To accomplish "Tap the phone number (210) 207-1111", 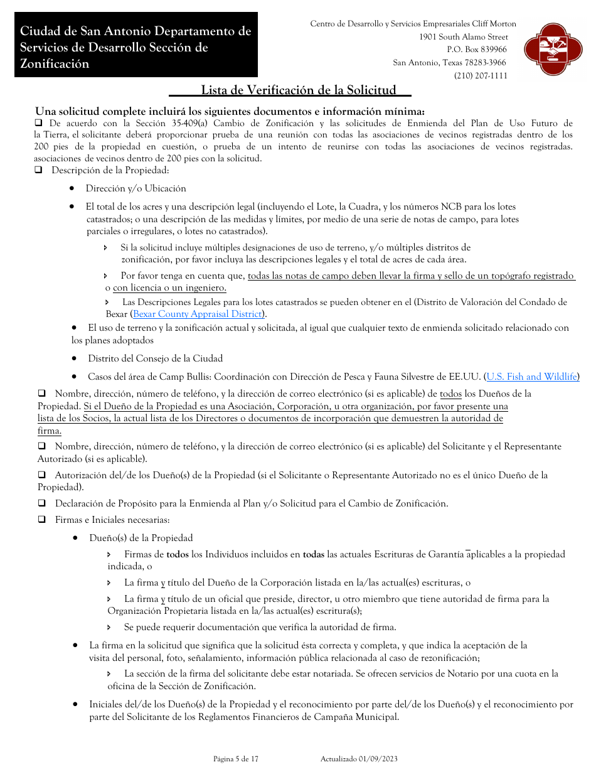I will pos(481,76).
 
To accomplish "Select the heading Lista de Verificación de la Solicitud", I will pos(298,90).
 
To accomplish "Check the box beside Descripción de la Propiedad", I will pos(39,170).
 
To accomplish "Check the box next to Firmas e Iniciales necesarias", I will pos(41,520).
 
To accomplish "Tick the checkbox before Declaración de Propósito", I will pos(41,503).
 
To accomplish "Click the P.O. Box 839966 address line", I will pos(477,50).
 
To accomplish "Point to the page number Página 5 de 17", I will pos(236,759).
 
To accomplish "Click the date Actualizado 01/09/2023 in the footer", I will pos(359,759).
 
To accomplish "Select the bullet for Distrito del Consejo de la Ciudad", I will pos(75,358).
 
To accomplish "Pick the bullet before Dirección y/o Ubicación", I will pos(73,188).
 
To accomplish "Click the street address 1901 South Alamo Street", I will pos(464,37).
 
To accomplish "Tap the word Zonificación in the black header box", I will pos(55,63).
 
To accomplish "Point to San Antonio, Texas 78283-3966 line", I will pos(449,63).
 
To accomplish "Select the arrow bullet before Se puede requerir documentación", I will pos(109,627).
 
